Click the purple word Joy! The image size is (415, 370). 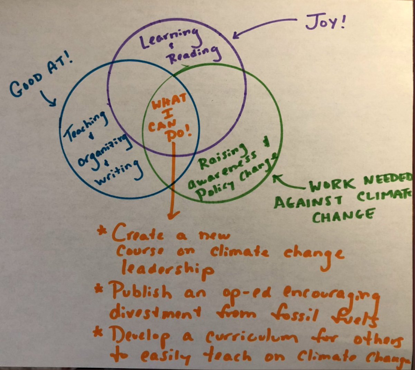point(325,22)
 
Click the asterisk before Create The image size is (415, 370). point(102,231)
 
